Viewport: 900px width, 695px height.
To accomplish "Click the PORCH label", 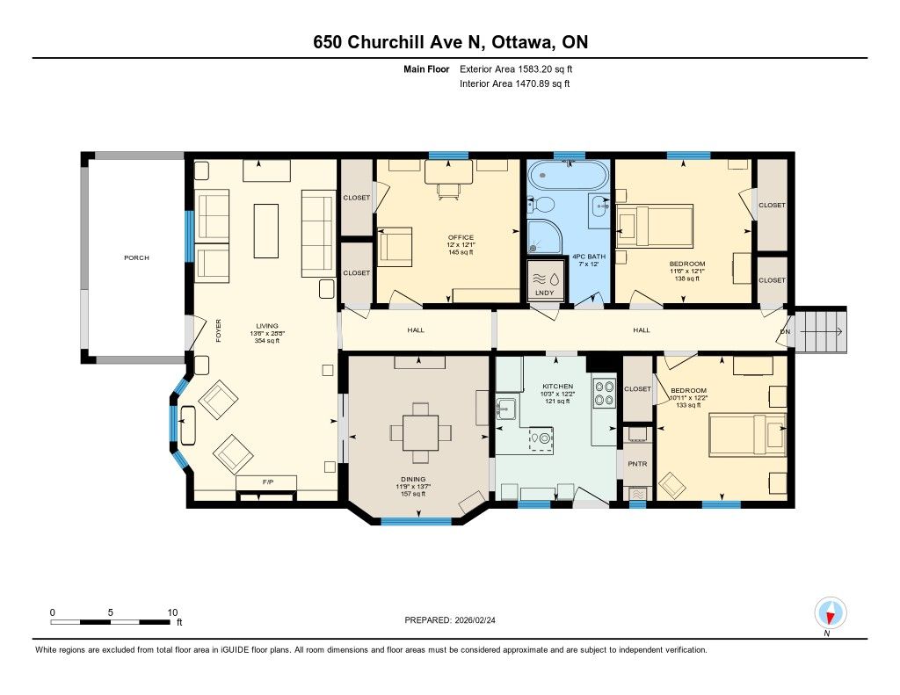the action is click(x=136, y=257).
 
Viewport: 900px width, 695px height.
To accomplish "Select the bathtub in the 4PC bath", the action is click(x=568, y=175).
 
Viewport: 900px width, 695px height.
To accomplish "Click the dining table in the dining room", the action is click(x=420, y=432).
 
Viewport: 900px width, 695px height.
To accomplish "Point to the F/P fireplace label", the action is click(x=267, y=482).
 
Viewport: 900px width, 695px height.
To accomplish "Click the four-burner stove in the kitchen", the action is click(x=603, y=393).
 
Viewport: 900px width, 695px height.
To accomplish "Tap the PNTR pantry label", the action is click(x=637, y=464).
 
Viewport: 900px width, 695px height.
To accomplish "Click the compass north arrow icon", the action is click(x=830, y=613).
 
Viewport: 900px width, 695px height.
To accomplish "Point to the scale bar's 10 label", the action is click(x=172, y=612).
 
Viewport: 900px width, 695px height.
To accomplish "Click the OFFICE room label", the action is click(x=461, y=237).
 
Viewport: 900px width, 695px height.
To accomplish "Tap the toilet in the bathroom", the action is click(x=541, y=205).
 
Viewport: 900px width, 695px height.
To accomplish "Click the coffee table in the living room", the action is click(x=266, y=231).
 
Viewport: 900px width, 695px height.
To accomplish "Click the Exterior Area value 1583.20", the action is click(x=535, y=69).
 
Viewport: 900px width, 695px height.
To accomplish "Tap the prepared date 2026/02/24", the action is click(x=475, y=619).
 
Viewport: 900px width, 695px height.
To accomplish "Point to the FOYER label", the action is click(x=218, y=330).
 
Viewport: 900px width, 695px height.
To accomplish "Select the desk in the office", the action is click(x=449, y=171).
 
